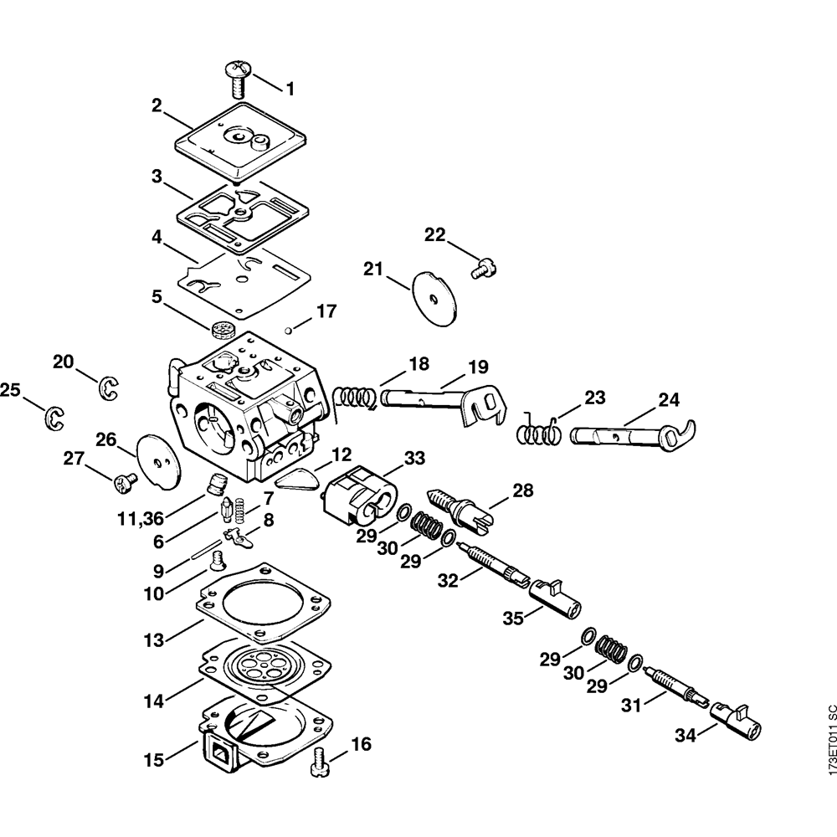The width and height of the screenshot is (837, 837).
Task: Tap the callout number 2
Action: coord(157,105)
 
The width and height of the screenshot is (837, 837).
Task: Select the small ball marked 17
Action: coord(287,328)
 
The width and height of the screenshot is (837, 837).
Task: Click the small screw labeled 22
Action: coord(484,269)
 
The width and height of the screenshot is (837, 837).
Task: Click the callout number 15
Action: coord(154,761)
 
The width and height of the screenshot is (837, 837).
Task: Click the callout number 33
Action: coord(414,458)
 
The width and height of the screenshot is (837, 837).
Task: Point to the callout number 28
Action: coord(522,490)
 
